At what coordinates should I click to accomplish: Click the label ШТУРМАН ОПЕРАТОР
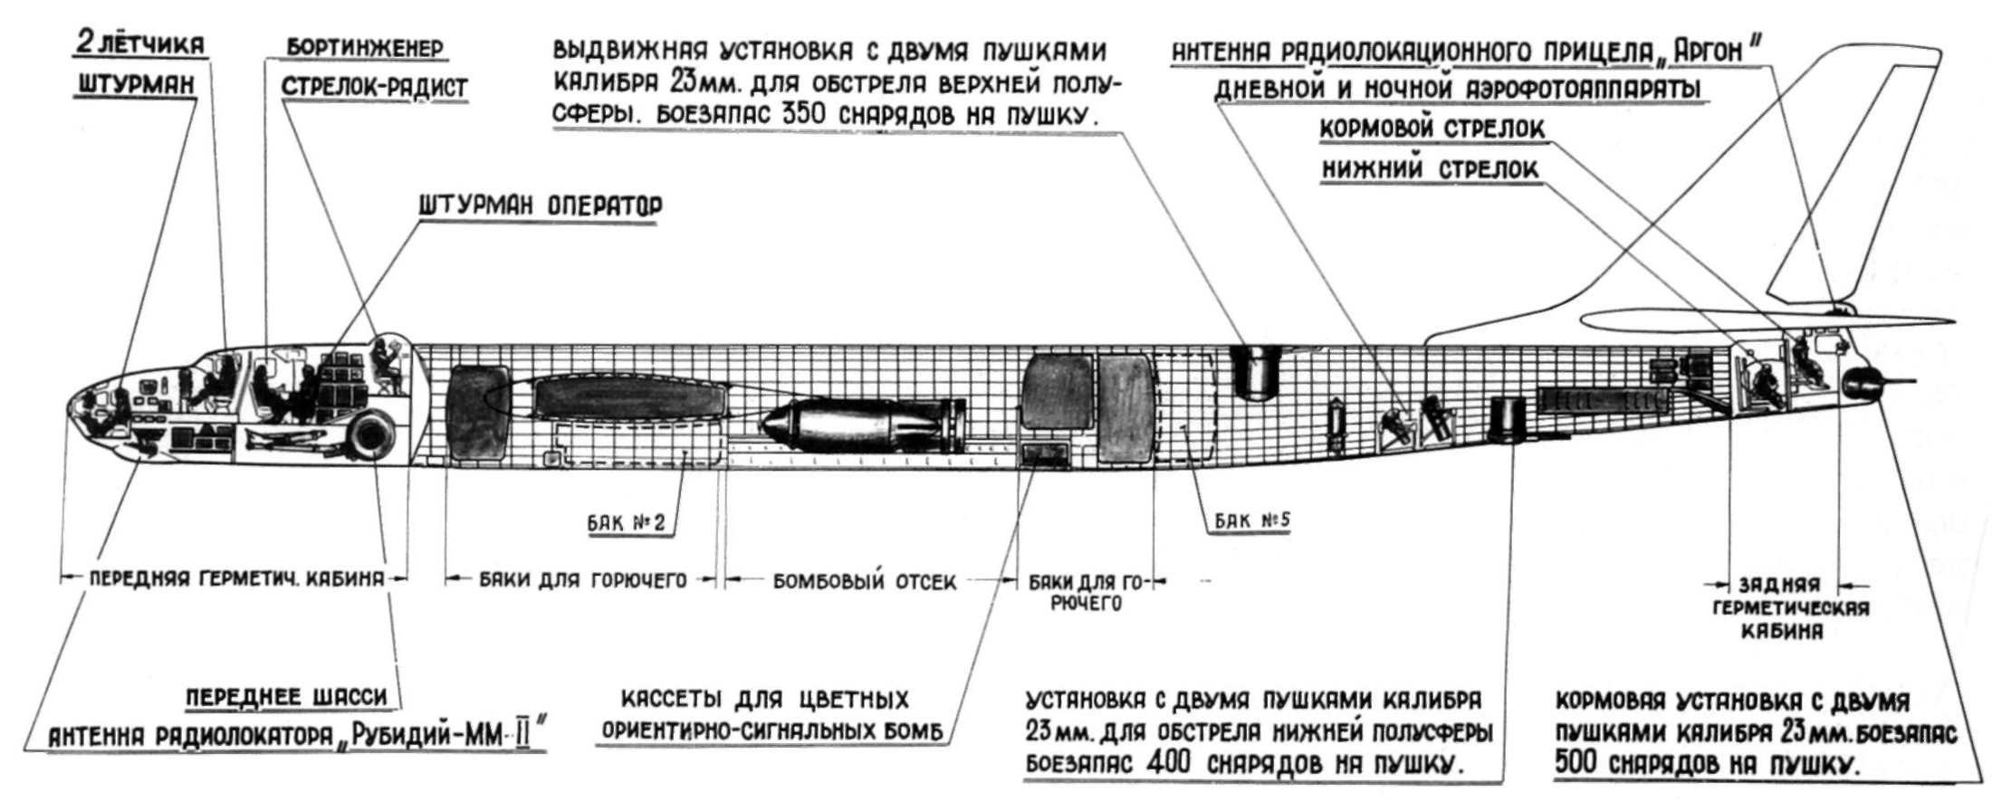click(x=540, y=205)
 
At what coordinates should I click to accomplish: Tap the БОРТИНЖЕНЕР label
click(x=365, y=48)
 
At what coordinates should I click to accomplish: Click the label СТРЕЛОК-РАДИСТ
click(x=374, y=87)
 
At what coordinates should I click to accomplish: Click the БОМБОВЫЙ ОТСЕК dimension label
click(x=864, y=581)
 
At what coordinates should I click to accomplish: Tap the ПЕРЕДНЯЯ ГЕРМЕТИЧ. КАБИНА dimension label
click(x=235, y=579)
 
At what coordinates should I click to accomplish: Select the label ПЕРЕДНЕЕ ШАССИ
click(x=286, y=696)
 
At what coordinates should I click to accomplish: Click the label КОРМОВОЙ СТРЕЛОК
click(x=1432, y=129)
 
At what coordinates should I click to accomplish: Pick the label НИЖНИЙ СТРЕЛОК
click(x=1430, y=169)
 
